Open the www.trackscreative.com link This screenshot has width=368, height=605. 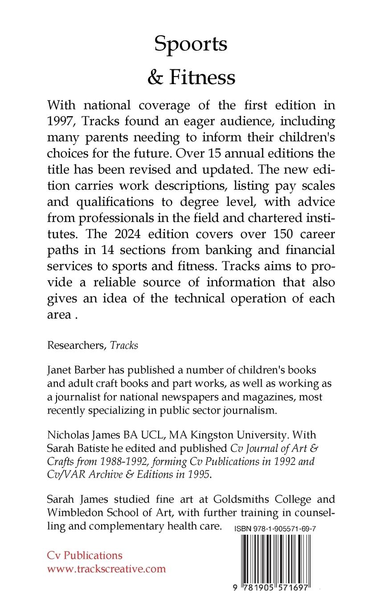pos(106,569)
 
